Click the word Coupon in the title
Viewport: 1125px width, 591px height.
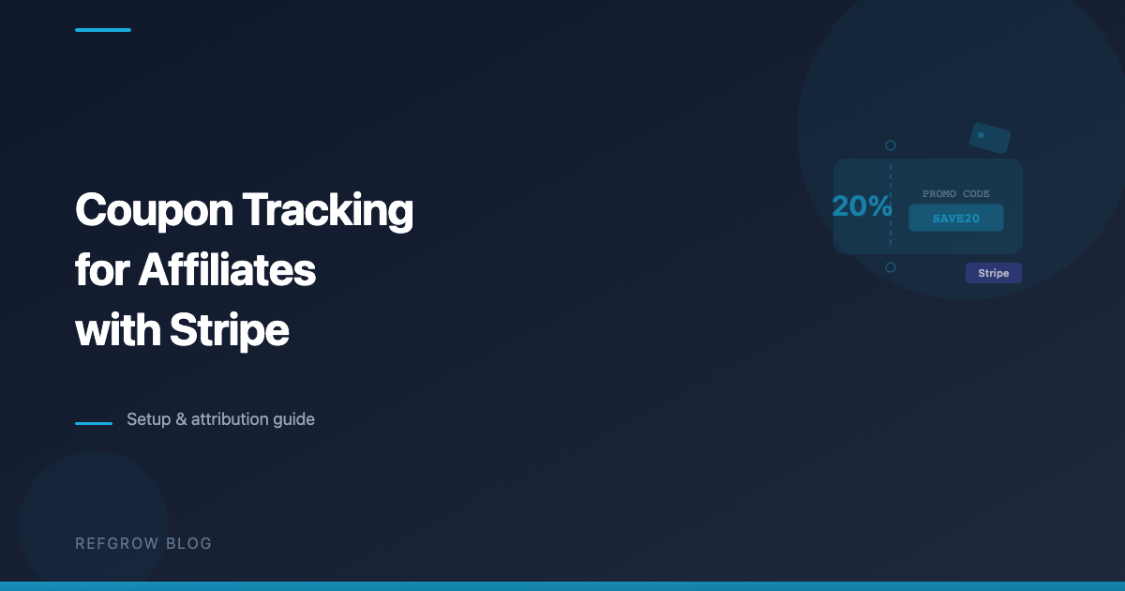tap(154, 210)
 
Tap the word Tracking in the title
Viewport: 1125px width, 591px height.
tap(328, 210)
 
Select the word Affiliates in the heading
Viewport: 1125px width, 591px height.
tap(227, 270)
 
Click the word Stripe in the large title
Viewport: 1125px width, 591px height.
tap(230, 330)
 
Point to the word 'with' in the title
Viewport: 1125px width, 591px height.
tap(118, 329)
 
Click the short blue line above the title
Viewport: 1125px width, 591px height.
tap(103, 30)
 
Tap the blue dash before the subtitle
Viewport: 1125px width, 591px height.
tap(94, 424)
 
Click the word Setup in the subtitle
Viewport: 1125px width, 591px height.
tap(149, 419)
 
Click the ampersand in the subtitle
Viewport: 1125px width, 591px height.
tap(181, 419)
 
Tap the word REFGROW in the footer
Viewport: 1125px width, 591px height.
tap(117, 543)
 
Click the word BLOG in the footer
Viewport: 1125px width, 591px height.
tap(188, 543)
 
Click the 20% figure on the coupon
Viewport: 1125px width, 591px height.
tap(862, 206)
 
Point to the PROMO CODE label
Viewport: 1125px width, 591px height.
tap(955, 193)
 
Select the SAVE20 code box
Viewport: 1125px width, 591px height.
tap(956, 218)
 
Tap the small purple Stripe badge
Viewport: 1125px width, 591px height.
tap(994, 273)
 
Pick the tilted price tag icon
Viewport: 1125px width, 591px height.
tap(990, 138)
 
